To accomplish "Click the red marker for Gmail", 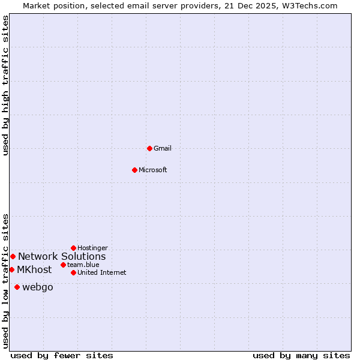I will pos(149,148).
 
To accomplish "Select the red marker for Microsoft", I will pos(134,170).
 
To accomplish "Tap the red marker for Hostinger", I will pos(73,248).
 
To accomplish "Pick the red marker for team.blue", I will pos(63,265).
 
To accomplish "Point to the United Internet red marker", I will pos(73,272).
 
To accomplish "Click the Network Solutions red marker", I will pos(13,256).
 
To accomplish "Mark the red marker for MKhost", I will pos(11,269).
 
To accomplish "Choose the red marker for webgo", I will pos(17,287).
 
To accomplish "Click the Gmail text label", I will pos(163,148).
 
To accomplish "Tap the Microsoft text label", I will pos(153,170).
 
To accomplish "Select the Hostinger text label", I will pos(92,248).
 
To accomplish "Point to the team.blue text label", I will pos(83,265).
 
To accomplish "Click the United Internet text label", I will pos(102,272).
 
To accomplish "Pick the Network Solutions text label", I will pos(62,256).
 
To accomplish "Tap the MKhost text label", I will pos(34,269).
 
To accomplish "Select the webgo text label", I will pos(38,287).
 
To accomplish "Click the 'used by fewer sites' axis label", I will pos(62,355).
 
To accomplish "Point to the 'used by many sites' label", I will pos(301,355).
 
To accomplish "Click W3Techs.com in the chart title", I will pos(311,5).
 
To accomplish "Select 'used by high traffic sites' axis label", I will pos(5,85).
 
